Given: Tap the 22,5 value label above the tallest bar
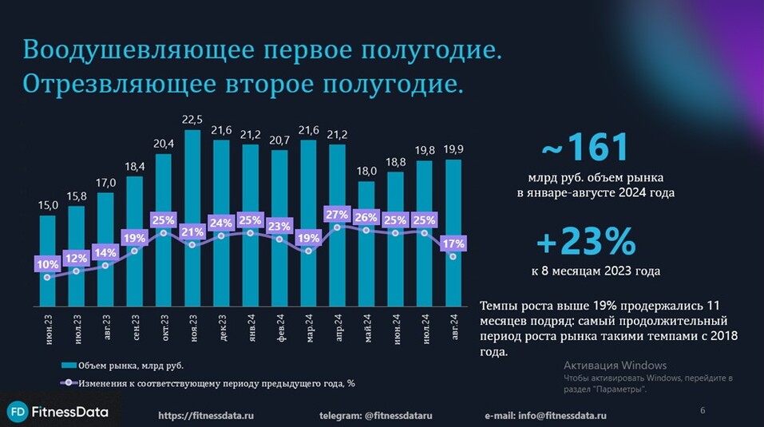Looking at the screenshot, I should point(192,120).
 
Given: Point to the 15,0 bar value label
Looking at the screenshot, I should point(48,206).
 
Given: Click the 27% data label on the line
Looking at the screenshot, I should point(337,215).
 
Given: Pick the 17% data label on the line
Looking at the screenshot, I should point(453,243).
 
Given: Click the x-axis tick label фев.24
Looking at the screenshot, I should point(280,328).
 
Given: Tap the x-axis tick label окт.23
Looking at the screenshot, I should point(164,328).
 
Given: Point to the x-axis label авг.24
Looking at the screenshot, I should point(453,328).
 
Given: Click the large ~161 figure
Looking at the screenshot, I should point(585,148).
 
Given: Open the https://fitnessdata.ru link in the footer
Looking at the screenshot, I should point(206,416).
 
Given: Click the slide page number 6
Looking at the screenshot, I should point(703,410).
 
